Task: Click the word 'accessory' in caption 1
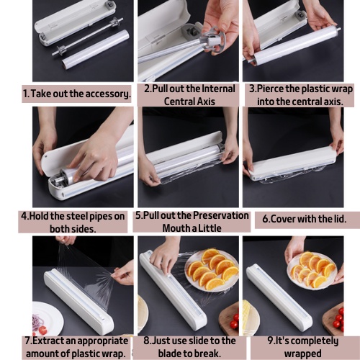[108, 94]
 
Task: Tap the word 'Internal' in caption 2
[218, 89]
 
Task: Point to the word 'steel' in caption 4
[77, 216]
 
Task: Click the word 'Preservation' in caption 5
[221, 215]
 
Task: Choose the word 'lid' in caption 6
[339, 219]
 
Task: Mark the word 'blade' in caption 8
[170, 354]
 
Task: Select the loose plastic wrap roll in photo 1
[96, 49]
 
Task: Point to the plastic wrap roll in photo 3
[294, 46]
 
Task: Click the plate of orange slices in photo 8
[212, 270]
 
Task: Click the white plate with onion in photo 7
[48, 319]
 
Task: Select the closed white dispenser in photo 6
[293, 164]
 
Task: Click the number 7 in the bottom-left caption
[27, 341]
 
